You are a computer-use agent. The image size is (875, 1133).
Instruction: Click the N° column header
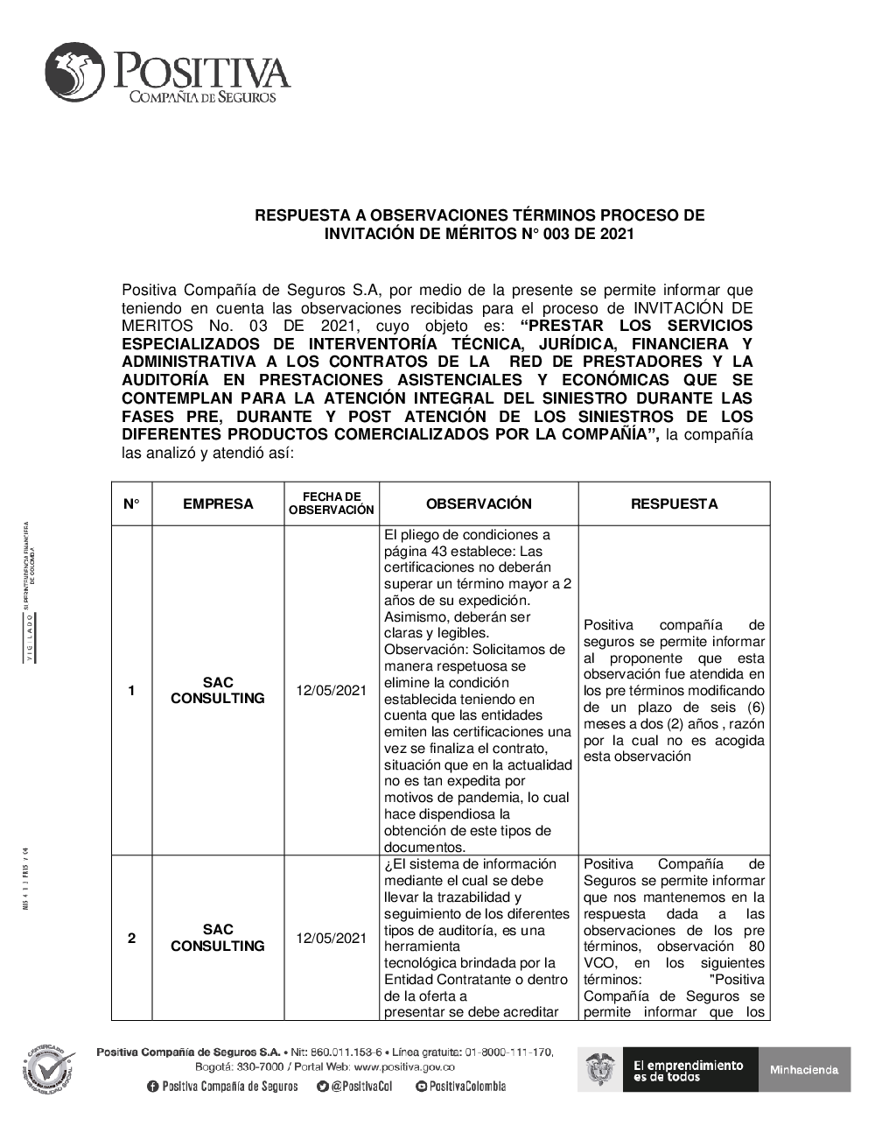pyautogui.click(x=131, y=503)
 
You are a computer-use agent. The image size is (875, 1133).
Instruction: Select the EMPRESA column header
pyautogui.click(x=218, y=503)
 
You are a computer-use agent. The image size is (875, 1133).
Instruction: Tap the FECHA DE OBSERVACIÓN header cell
pyautogui.click(x=332, y=503)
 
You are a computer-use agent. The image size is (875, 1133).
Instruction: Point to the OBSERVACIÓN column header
pyautogui.click(x=479, y=503)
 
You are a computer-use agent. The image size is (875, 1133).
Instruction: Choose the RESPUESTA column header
pyautogui.click(x=674, y=503)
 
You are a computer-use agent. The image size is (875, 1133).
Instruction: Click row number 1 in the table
pyautogui.click(x=131, y=690)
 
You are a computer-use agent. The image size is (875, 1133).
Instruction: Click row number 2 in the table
pyautogui.click(x=131, y=938)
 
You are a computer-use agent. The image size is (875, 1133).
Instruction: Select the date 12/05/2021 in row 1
pyautogui.click(x=332, y=690)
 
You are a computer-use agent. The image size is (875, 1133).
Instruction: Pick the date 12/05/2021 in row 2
pyautogui.click(x=332, y=938)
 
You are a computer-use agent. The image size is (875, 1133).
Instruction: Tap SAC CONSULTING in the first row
pyautogui.click(x=218, y=690)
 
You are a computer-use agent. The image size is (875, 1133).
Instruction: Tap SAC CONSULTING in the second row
pyautogui.click(x=218, y=938)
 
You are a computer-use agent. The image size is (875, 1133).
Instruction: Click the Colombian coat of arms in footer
pyautogui.click(x=599, y=1069)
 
